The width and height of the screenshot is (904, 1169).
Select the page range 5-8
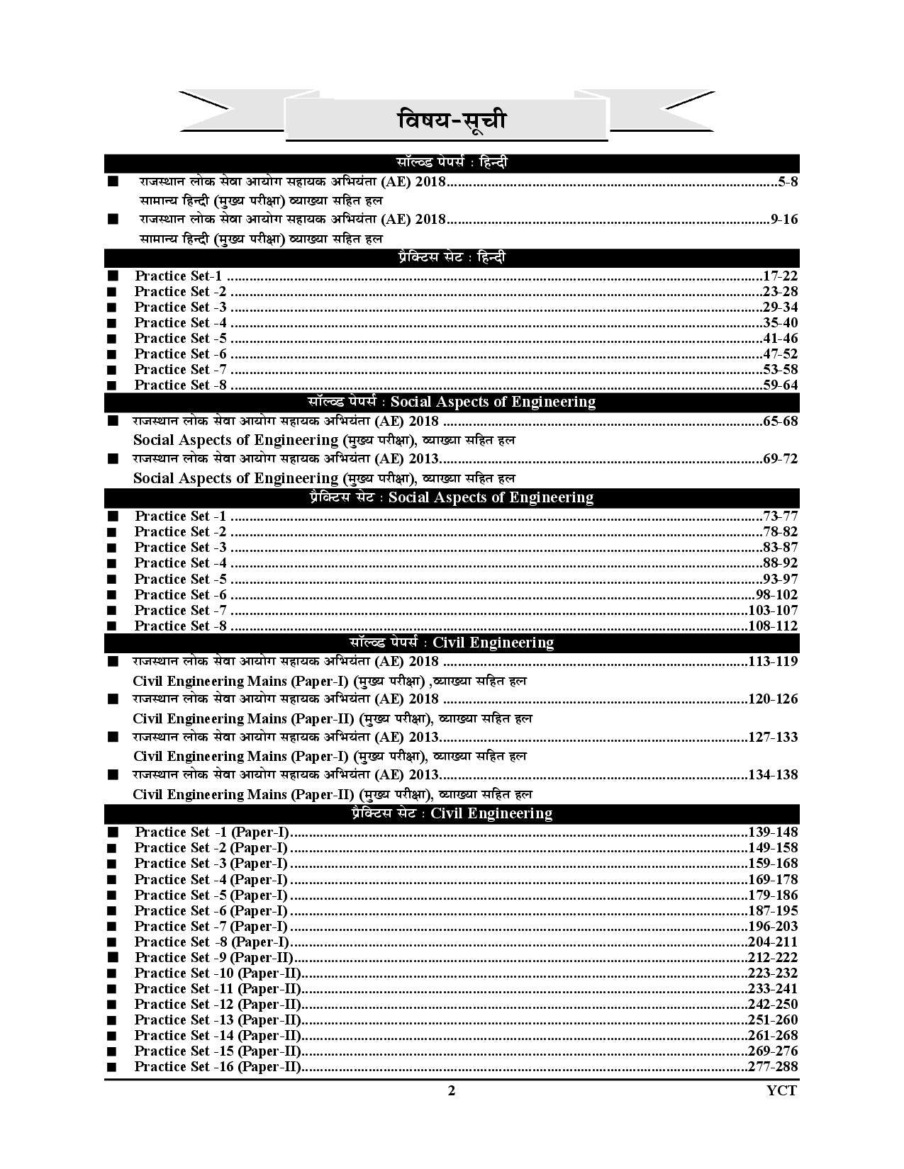tap(788, 182)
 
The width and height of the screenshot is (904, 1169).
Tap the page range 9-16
tap(783, 220)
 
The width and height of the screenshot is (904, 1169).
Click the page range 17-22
tap(780, 276)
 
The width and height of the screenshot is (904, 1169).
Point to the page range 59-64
tap(780, 385)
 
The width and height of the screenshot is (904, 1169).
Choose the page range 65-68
tap(780, 422)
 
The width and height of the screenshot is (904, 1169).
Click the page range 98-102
tap(776, 595)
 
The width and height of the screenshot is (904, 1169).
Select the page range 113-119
tap(773, 662)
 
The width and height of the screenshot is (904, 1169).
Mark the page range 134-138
tap(773, 774)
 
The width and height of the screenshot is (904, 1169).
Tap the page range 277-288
tap(773, 1067)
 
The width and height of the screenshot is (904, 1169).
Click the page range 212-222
tap(773, 957)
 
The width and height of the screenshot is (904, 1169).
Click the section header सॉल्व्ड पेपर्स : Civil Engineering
tap(452, 643)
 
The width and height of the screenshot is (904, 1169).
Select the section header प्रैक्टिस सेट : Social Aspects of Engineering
tap(452, 497)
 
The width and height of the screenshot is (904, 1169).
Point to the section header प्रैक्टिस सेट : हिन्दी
tap(452, 258)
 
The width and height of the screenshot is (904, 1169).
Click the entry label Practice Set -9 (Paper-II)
tap(218, 957)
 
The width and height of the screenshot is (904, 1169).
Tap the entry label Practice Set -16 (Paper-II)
tap(218, 1067)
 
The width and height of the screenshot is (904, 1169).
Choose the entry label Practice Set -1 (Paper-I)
tap(212, 832)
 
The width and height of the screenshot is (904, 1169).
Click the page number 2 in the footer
tap(452, 1091)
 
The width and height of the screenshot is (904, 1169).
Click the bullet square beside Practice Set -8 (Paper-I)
tap(112, 942)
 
